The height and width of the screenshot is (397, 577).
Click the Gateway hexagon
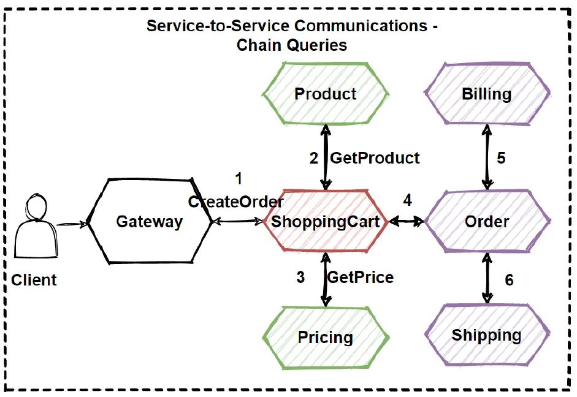[150, 221]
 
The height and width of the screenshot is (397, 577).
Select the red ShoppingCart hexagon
[326, 221]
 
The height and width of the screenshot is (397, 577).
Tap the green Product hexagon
[325, 94]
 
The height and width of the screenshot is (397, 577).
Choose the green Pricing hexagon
[325, 337]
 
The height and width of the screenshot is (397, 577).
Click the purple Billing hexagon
[486, 94]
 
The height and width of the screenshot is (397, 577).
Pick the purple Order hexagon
[486, 221]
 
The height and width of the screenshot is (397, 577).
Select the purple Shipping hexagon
[486, 336]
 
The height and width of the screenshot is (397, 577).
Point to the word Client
[34, 280]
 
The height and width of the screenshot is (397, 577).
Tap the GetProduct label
[375, 158]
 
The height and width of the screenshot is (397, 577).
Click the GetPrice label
[361, 277]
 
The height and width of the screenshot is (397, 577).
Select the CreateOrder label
[236, 202]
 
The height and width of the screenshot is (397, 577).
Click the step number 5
[501, 158]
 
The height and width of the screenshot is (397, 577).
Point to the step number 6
[509, 280]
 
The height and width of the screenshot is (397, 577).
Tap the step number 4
[408, 200]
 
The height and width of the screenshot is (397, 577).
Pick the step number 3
[300, 278]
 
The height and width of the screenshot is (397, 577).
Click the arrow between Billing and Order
[487, 157]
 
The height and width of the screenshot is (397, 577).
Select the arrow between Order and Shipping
[487, 279]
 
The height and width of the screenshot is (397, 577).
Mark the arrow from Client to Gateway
[72, 225]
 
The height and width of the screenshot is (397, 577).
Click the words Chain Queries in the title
[292, 45]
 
